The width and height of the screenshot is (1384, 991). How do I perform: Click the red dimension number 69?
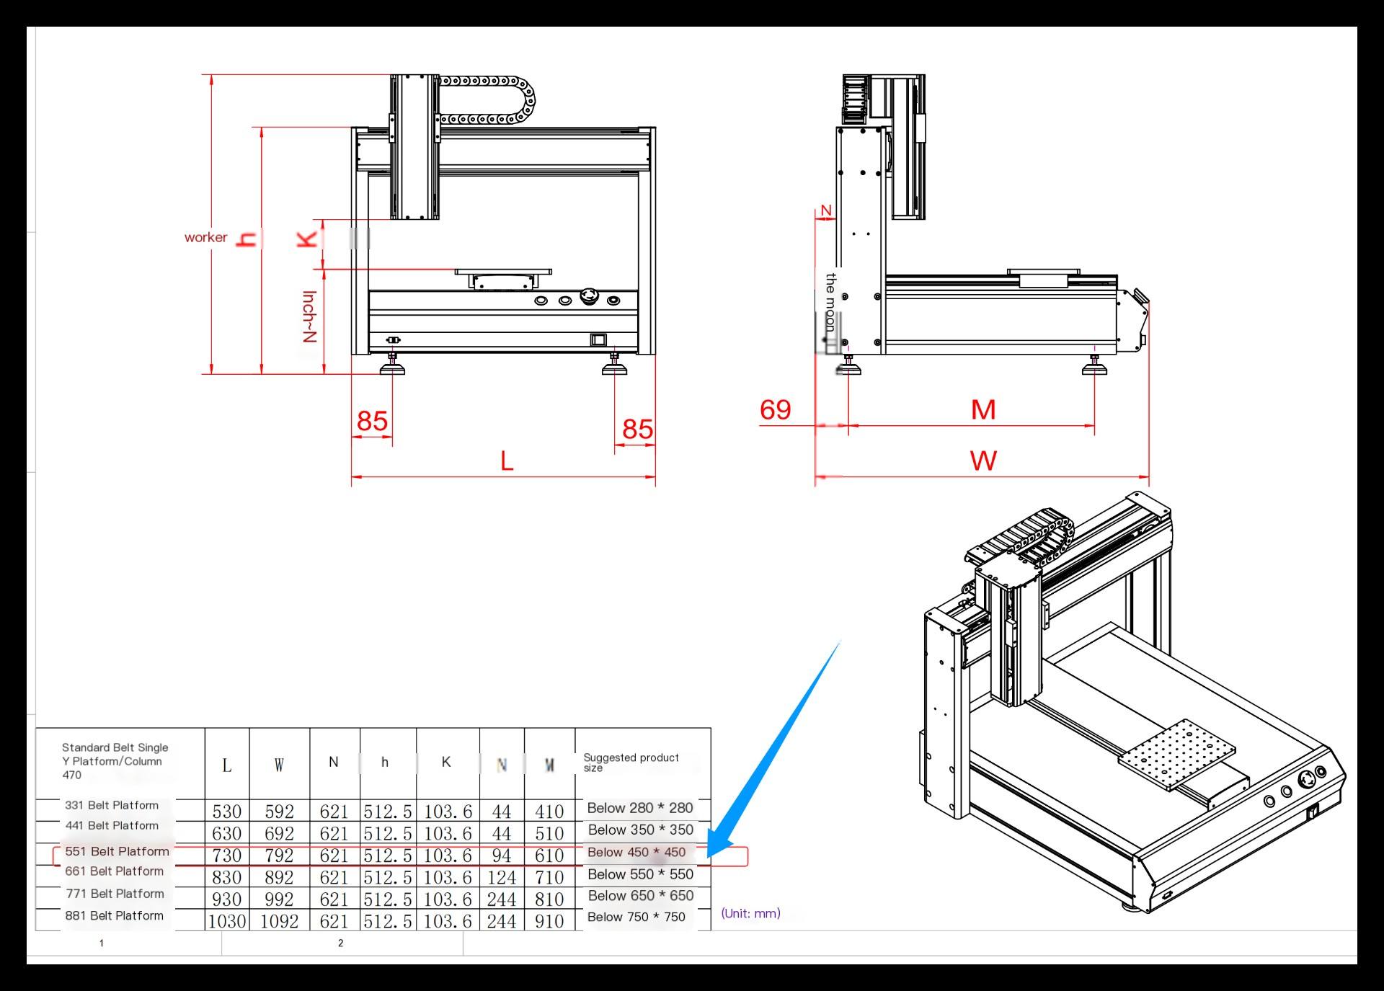[776, 409]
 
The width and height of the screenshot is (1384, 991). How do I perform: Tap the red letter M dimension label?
[983, 409]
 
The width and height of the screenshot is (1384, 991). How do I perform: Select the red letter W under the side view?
[983, 460]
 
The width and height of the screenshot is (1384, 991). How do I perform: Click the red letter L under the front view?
[507, 461]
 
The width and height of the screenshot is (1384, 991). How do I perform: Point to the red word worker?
[205, 237]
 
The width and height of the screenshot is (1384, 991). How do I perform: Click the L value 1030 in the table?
[227, 921]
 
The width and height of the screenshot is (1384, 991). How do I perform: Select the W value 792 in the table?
[279, 856]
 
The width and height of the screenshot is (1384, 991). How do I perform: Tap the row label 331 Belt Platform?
[112, 805]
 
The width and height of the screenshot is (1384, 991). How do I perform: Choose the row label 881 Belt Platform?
[114, 915]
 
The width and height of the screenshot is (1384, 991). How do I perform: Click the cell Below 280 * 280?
[640, 808]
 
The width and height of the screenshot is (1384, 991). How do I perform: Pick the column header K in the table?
[446, 762]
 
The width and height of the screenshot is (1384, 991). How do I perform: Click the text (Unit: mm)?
[750, 913]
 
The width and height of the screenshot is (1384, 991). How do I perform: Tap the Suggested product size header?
[631, 762]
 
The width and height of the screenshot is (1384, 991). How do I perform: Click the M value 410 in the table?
[549, 812]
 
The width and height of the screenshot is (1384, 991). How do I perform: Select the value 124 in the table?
[502, 878]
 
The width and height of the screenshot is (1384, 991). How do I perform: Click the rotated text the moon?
[830, 303]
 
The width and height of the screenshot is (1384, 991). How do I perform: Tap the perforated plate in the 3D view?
[1176, 754]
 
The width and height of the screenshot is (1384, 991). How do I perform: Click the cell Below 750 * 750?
[636, 917]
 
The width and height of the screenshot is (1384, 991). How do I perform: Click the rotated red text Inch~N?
[309, 316]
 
